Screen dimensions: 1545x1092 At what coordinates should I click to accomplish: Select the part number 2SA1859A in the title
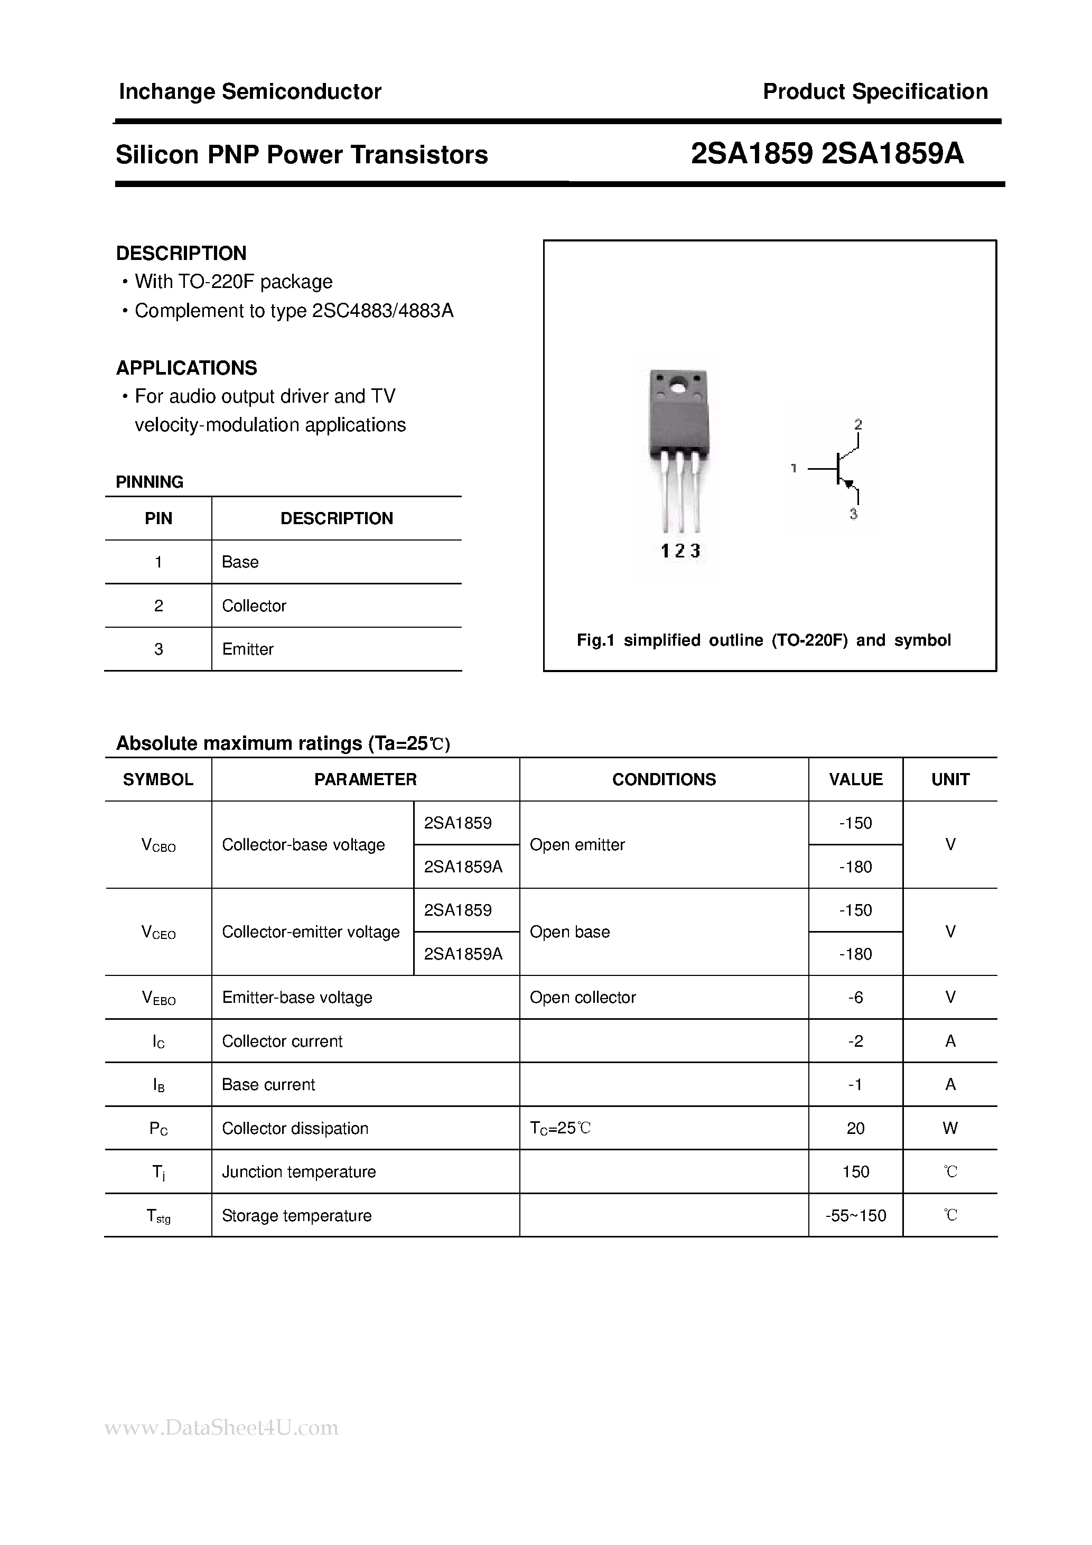tap(893, 155)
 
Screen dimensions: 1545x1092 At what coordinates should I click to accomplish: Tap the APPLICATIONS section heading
tap(186, 368)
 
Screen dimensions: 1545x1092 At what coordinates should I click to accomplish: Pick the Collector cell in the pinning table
tap(254, 606)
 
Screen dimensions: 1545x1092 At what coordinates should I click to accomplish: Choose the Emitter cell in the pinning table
tap(248, 649)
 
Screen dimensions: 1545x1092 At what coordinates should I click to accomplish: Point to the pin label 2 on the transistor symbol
tap(858, 425)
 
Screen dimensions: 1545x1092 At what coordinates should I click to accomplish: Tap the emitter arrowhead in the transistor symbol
tap(849, 483)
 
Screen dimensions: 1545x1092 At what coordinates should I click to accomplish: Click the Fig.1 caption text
tap(763, 640)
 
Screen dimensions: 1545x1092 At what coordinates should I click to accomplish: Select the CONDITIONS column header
tap(664, 779)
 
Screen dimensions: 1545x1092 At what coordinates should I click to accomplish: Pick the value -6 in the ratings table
tap(855, 997)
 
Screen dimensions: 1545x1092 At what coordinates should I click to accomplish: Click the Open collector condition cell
tap(582, 997)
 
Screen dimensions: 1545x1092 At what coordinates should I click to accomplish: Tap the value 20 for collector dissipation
tap(855, 1129)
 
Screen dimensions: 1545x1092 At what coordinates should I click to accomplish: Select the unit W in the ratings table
tap(949, 1129)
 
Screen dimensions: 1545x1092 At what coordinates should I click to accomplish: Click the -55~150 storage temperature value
tap(855, 1215)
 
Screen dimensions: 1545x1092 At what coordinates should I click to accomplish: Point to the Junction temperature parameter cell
tap(298, 1171)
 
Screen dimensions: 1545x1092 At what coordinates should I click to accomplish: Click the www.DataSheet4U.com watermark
tap(221, 1427)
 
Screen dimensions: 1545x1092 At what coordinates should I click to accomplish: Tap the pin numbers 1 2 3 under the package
tap(680, 551)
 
